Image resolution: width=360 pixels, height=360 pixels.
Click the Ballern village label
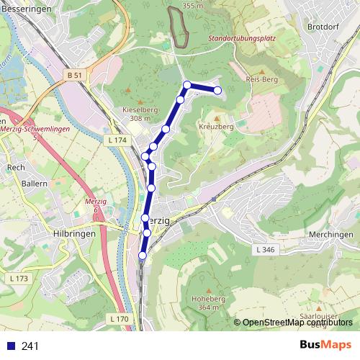click(x=34, y=184)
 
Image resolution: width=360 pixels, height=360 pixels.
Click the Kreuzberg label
click(x=216, y=126)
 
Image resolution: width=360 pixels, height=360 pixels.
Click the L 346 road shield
click(x=266, y=249)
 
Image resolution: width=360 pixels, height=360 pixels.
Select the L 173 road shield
click(x=19, y=278)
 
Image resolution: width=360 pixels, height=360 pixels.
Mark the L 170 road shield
click(x=120, y=318)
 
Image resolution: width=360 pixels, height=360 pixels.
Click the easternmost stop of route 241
click(x=217, y=89)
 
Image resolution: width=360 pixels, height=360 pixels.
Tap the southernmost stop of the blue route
click(x=142, y=255)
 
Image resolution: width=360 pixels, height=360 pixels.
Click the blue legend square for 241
click(x=11, y=346)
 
